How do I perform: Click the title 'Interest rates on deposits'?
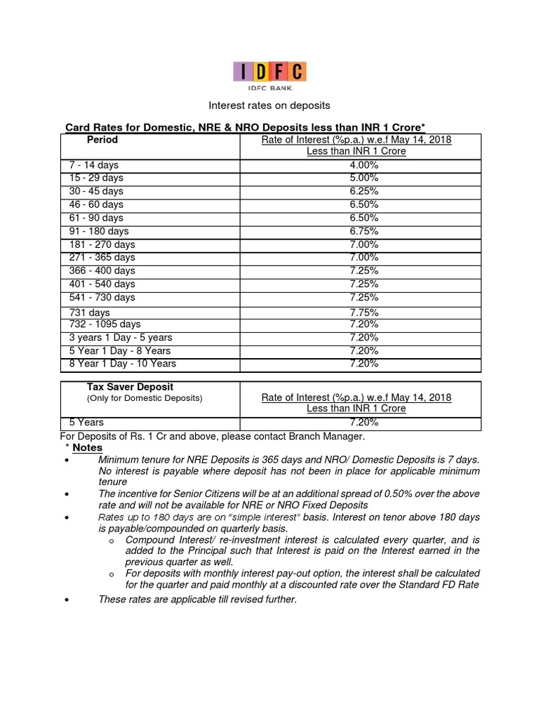tap(270, 105)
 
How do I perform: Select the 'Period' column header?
tap(102, 140)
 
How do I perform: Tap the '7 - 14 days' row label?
tap(94, 165)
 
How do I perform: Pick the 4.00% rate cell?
tap(363, 165)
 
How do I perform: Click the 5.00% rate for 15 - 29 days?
tap(363, 178)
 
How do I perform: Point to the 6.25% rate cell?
tap(363, 191)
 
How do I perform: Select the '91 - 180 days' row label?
tap(99, 231)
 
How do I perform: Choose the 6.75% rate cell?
tap(363, 231)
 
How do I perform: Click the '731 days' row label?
tap(89, 312)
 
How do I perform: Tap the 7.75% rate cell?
tap(363, 312)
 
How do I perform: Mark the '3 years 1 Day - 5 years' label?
tap(120, 338)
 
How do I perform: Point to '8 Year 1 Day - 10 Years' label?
tap(123, 364)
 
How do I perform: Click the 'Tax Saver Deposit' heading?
tap(130, 387)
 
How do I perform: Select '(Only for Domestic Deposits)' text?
tap(144, 398)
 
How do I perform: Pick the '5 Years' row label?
tap(86, 423)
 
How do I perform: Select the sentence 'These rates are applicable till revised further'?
tap(198, 599)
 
